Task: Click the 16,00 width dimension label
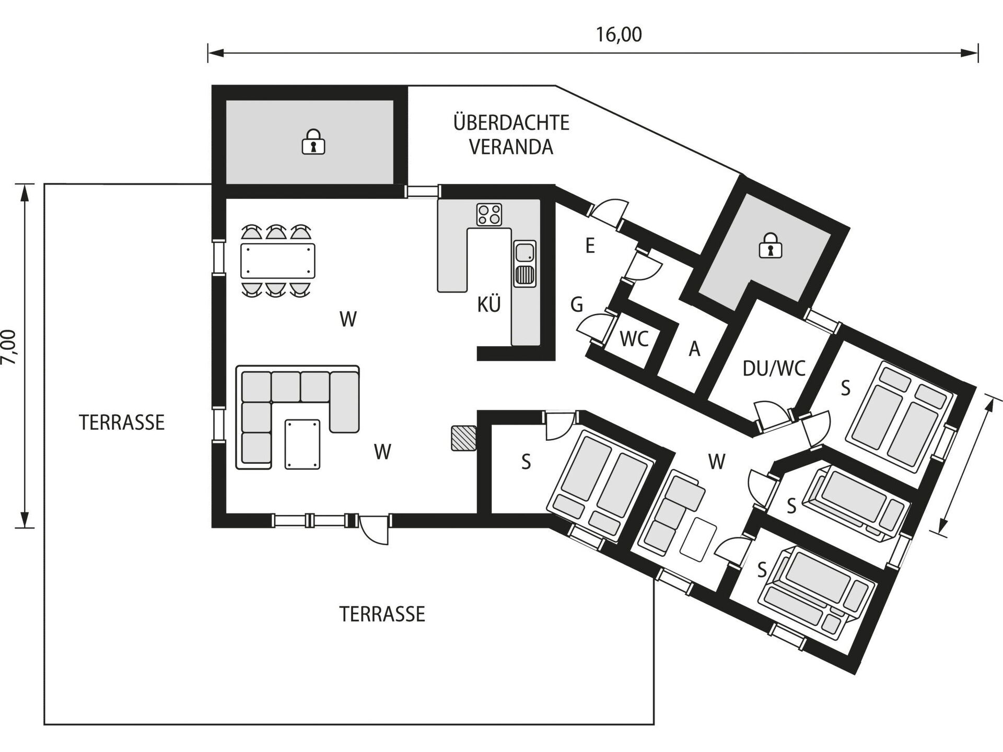(619, 34)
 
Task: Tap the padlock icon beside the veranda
(313, 142)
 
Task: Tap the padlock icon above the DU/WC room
(769, 245)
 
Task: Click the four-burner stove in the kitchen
(489, 215)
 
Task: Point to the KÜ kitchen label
(489, 304)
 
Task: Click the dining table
(278, 261)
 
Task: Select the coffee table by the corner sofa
(302, 444)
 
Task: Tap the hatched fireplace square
(464, 438)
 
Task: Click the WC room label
(634, 339)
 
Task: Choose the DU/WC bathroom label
(774, 369)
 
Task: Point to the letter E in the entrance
(590, 245)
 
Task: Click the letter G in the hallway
(577, 304)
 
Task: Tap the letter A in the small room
(694, 349)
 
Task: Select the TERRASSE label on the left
(122, 422)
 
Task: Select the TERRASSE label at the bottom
(382, 614)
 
